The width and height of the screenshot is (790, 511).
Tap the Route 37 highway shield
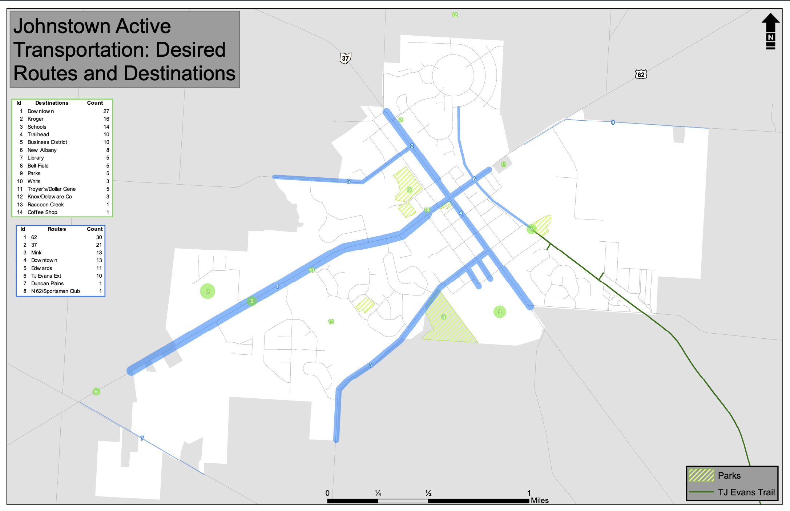click(x=345, y=58)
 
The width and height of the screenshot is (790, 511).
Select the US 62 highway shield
click(x=641, y=75)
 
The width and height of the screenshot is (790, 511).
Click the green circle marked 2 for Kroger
click(x=207, y=291)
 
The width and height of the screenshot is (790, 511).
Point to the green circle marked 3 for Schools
click(x=500, y=311)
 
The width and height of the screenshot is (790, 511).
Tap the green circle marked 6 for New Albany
click(x=96, y=391)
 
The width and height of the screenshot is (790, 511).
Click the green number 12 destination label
click(x=455, y=15)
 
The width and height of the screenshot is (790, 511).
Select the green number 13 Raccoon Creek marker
click(x=331, y=322)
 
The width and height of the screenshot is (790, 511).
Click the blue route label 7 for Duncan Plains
click(x=142, y=438)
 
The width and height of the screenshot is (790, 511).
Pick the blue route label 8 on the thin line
click(x=613, y=122)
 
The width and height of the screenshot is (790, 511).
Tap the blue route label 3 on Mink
click(x=370, y=365)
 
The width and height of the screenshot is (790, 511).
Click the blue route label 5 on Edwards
click(x=348, y=181)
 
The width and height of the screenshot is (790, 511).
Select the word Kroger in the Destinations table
click(x=36, y=119)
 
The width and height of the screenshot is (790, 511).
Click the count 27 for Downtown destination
click(x=106, y=111)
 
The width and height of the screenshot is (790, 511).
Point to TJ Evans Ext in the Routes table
click(x=46, y=276)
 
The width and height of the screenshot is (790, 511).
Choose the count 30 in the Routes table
click(x=99, y=237)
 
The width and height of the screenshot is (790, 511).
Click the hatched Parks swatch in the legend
click(x=701, y=475)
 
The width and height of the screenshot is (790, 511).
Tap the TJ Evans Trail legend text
click(x=746, y=492)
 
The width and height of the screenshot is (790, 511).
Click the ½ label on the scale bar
click(x=428, y=493)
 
